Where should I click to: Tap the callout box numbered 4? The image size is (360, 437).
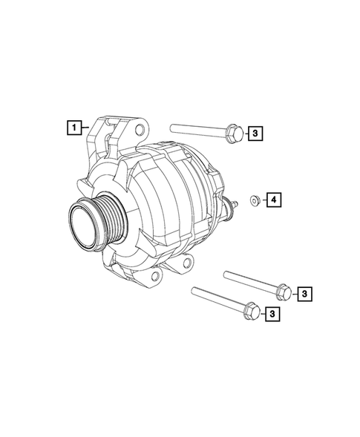[273, 200]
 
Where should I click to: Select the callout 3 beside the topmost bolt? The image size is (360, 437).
[254, 134]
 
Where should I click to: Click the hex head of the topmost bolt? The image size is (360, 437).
[231, 131]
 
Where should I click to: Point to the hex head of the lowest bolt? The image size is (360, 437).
[251, 313]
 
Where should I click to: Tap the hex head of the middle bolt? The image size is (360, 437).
[283, 292]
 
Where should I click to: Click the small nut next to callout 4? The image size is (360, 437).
[255, 199]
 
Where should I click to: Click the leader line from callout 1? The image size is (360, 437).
[86, 128]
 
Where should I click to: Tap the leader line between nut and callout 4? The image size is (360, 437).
[262, 200]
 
